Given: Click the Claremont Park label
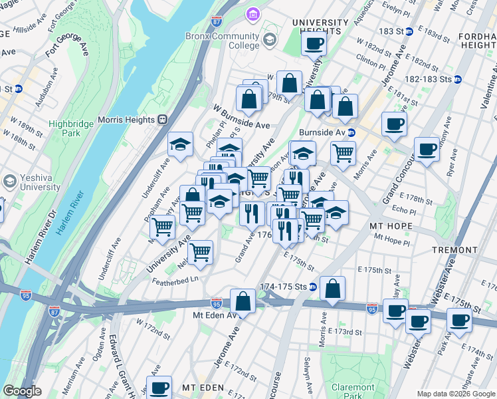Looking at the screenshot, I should point(353,391).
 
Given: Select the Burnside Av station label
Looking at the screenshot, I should point(322,132).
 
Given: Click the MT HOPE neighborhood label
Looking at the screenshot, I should point(391,226).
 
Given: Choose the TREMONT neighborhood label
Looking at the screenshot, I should point(454,250).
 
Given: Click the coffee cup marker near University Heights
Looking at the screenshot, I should point(314,44).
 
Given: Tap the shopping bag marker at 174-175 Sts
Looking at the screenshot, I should point(332,289).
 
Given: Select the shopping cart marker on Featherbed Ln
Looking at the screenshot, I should point(200,252).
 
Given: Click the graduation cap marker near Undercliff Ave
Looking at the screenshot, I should point(179,144).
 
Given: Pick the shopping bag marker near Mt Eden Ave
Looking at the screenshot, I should point(243,300).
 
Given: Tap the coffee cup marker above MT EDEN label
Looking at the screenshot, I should point(159,388).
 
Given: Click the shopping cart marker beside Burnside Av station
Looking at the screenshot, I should point(343,152).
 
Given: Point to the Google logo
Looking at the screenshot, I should point(23,391).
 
